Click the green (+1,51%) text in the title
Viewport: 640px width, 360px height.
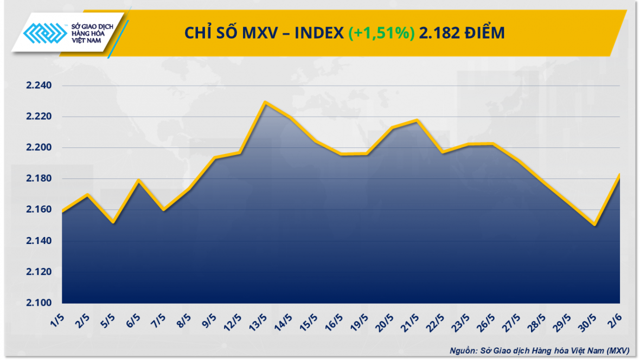(x=381, y=34)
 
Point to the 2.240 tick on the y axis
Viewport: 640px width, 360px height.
(x=39, y=86)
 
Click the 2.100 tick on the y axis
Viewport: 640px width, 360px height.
(x=39, y=303)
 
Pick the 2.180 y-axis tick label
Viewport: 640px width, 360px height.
(x=39, y=179)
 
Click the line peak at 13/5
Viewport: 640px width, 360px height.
(x=265, y=102)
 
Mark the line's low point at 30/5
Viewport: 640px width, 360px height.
(x=595, y=224)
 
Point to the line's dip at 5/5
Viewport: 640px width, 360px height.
(x=112, y=222)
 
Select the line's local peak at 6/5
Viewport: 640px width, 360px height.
(x=139, y=180)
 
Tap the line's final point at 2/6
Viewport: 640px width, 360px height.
(x=619, y=175)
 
